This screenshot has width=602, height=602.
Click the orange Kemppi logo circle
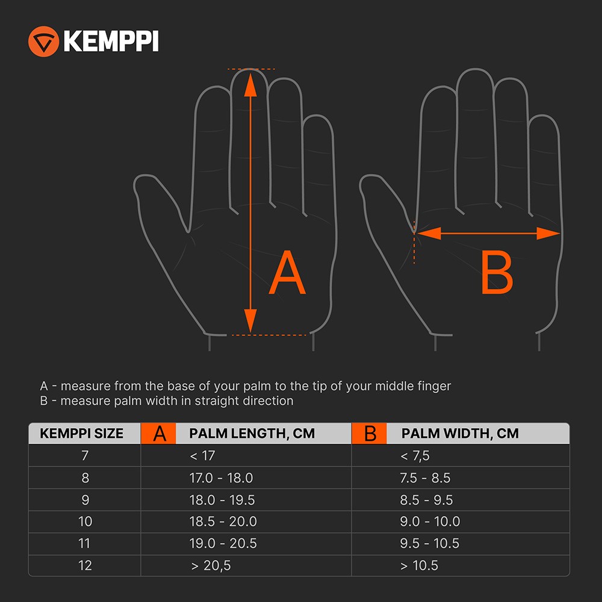pyautogui.click(x=43, y=42)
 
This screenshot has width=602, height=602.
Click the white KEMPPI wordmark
pyautogui.click(x=111, y=41)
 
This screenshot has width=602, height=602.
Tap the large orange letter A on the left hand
pyautogui.click(x=287, y=272)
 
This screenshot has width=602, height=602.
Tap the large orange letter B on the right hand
pyautogui.click(x=497, y=272)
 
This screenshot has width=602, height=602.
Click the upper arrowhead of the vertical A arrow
pyautogui.click(x=250, y=85)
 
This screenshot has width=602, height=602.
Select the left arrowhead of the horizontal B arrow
pyautogui.click(x=429, y=233)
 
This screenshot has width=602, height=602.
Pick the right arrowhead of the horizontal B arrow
pyautogui.click(x=548, y=233)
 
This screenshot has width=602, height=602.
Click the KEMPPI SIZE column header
pyautogui.click(x=81, y=433)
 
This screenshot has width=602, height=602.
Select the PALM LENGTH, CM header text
pyautogui.click(x=252, y=433)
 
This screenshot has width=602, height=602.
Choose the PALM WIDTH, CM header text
pyautogui.click(x=460, y=433)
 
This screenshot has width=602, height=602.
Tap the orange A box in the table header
pyautogui.click(x=158, y=433)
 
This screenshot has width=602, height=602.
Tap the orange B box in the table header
pyautogui.click(x=369, y=433)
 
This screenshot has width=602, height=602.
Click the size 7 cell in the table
pyautogui.click(x=85, y=455)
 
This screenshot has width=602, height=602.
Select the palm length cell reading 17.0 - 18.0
pyautogui.click(x=221, y=478)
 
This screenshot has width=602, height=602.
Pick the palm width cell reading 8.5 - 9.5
pyautogui.click(x=426, y=500)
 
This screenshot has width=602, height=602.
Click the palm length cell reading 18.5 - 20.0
pyautogui.click(x=223, y=521)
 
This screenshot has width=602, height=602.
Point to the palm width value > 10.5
pyautogui.click(x=419, y=565)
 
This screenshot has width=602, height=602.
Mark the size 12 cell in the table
pyautogui.click(x=85, y=565)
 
